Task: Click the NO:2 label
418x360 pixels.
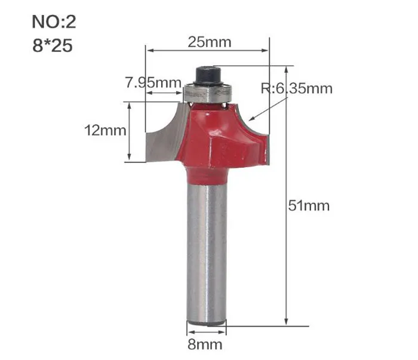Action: (x=54, y=22)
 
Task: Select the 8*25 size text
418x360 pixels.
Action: (x=53, y=45)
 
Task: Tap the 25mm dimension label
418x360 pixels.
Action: (x=210, y=42)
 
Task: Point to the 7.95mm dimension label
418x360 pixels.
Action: (x=153, y=82)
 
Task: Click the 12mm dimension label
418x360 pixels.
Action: (x=105, y=131)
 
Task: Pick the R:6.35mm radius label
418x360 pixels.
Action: (x=296, y=88)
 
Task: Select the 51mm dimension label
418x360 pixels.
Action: (x=309, y=206)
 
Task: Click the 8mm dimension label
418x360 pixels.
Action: (x=205, y=344)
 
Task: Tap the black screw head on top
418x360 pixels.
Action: (x=209, y=76)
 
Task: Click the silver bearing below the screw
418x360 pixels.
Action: (x=208, y=93)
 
